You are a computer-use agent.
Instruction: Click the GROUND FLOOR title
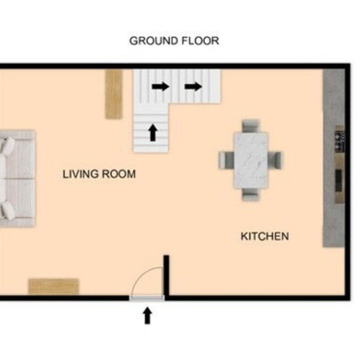[x=174, y=41]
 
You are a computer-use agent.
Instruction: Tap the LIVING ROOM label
[x=99, y=174]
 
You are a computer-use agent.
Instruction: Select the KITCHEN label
[x=265, y=236]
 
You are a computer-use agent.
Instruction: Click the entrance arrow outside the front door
[x=148, y=316]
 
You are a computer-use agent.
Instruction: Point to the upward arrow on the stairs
[x=153, y=132]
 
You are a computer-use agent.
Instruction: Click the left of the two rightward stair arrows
[x=161, y=86]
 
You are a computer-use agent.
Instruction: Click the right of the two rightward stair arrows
[x=193, y=86]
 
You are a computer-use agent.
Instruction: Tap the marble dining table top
[x=251, y=160]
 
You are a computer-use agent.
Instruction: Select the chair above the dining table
[x=251, y=126]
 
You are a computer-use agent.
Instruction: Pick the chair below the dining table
[x=251, y=194]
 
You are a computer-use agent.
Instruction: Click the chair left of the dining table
[x=226, y=160]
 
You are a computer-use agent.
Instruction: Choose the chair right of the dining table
[x=275, y=160]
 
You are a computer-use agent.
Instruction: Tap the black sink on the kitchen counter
[x=339, y=180]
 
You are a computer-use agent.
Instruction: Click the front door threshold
[x=147, y=298]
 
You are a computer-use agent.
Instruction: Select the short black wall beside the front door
[x=166, y=275]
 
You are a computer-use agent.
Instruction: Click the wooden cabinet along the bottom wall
[x=54, y=287]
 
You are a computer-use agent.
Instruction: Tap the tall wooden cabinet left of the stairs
[x=114, y=94]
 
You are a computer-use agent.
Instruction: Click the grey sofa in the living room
[x=17, y=179]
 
